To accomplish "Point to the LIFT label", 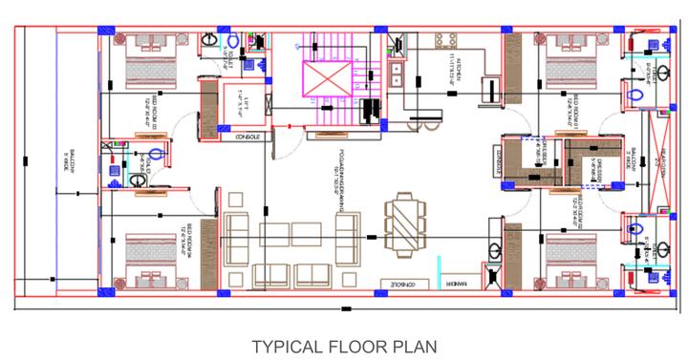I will click(x=238, y=97).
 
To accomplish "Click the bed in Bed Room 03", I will click(x=147, y=59).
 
